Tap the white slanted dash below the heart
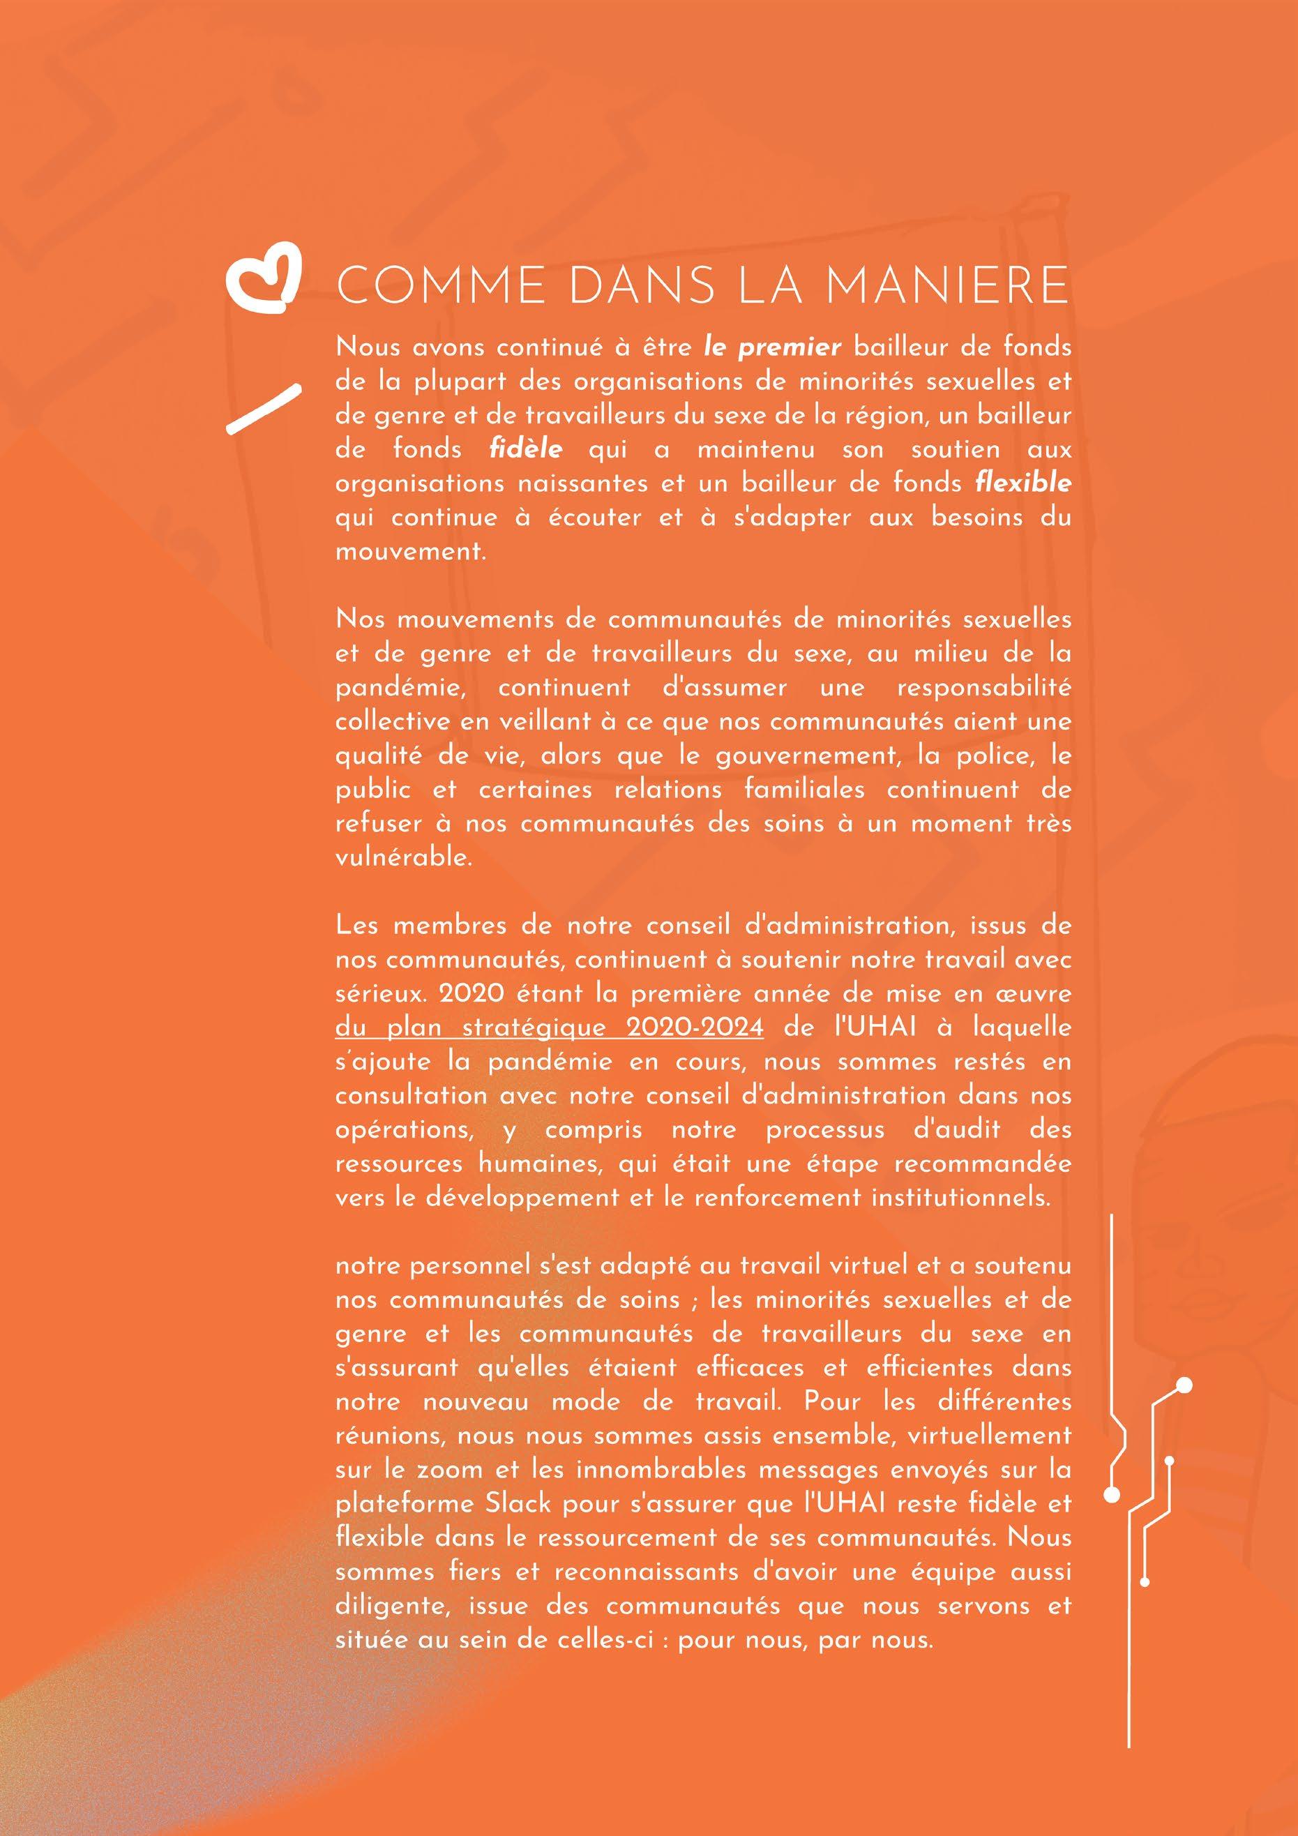[x=264, y=409]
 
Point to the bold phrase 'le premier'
[x=773, y=347]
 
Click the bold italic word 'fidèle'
[x=525, y=449]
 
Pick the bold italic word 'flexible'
[x=1024, y=483]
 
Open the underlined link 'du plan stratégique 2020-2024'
[x=550, y=1028]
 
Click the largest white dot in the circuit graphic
[x=1185, y=1385]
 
